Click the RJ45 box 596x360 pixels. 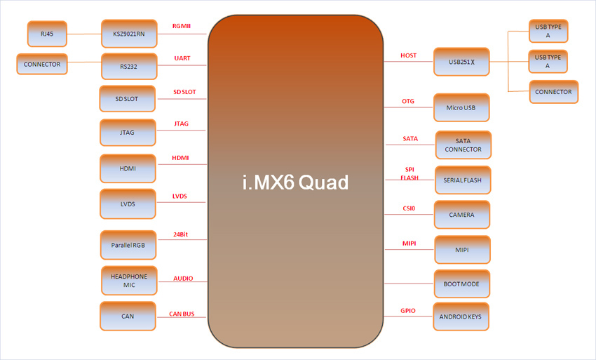pyautogui.click(x=46, y=33)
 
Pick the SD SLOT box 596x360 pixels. pyautogui.click(x=127, y=99)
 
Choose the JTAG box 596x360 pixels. pyautogui.click(x=128, y=132)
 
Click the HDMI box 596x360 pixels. pyautogui.click(x=128, y=168)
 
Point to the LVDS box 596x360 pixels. pyautogui.click(x=128, y=204)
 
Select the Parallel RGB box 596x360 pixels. pyautogui.click(x=128, y=245)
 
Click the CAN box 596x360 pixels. pyautogui.click(x=128, y=316)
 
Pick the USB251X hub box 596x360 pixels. pyautogui.click(x=461, y=62)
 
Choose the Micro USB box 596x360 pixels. pyautogui.click(x=461, y=107)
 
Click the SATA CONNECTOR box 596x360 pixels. pyautogui.click(x=463, y=145)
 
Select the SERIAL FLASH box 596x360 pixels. pyautogui.click(x=463, y=180)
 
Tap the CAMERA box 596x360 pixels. pyautogui.click(x=461, y=215)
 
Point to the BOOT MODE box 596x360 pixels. pyautogui.click(x=461, y=284)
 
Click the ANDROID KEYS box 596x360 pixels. pyautogui.click(x=461, y=316)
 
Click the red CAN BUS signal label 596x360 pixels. pyautogui.click(x=182, y=314)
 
